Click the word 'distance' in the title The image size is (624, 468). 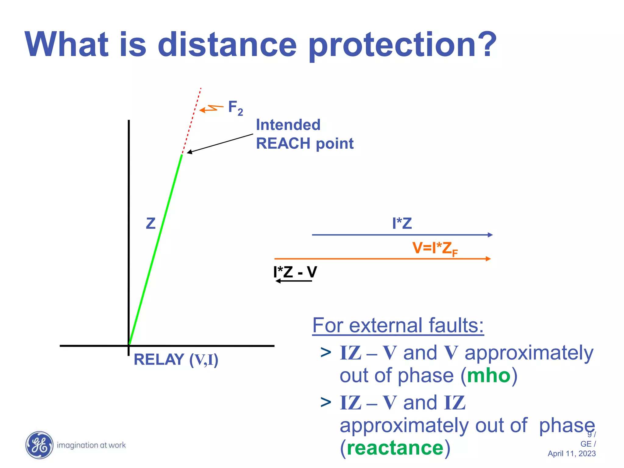coord(227,45)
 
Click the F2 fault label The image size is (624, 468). coord(235,108)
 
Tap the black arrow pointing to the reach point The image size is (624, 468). coord(219,143)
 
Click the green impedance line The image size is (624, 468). coord(155,250)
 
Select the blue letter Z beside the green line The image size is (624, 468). coord(151,223)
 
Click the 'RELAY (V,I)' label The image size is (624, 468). coord(176,360)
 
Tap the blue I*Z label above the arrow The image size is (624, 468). coord(402,223)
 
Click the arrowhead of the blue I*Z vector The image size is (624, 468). coord(490,235)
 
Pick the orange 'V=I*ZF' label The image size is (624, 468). coord(434,248)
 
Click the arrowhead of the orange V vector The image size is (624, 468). coord(488,259)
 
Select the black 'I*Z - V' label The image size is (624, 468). coord(295,272)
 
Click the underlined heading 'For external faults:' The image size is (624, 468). coord(398,325)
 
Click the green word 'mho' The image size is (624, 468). coord(489,375)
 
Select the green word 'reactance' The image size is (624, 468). coord(395,448)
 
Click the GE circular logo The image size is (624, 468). coord(39,445)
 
